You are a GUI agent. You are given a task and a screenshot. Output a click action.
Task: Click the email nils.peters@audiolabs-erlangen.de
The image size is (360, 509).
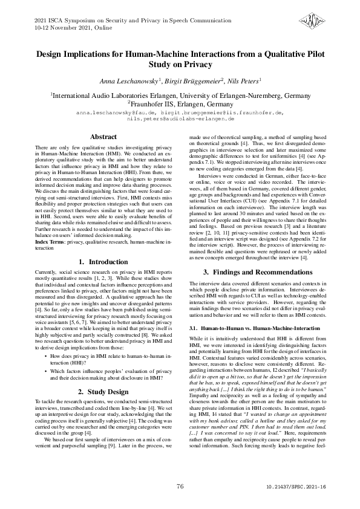[180, 119]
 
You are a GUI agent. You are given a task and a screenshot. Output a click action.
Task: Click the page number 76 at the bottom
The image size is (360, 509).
[180, 486]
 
